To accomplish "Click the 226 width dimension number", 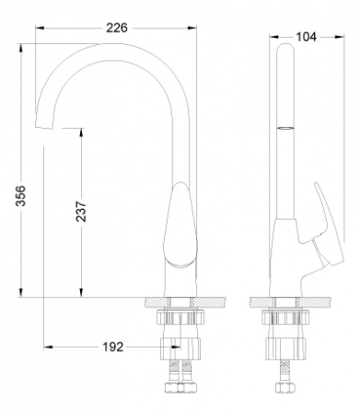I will click(x=116, y=29).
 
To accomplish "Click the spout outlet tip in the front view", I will click(x=44, y=122).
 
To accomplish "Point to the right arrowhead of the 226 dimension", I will click(x=192, y=29).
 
